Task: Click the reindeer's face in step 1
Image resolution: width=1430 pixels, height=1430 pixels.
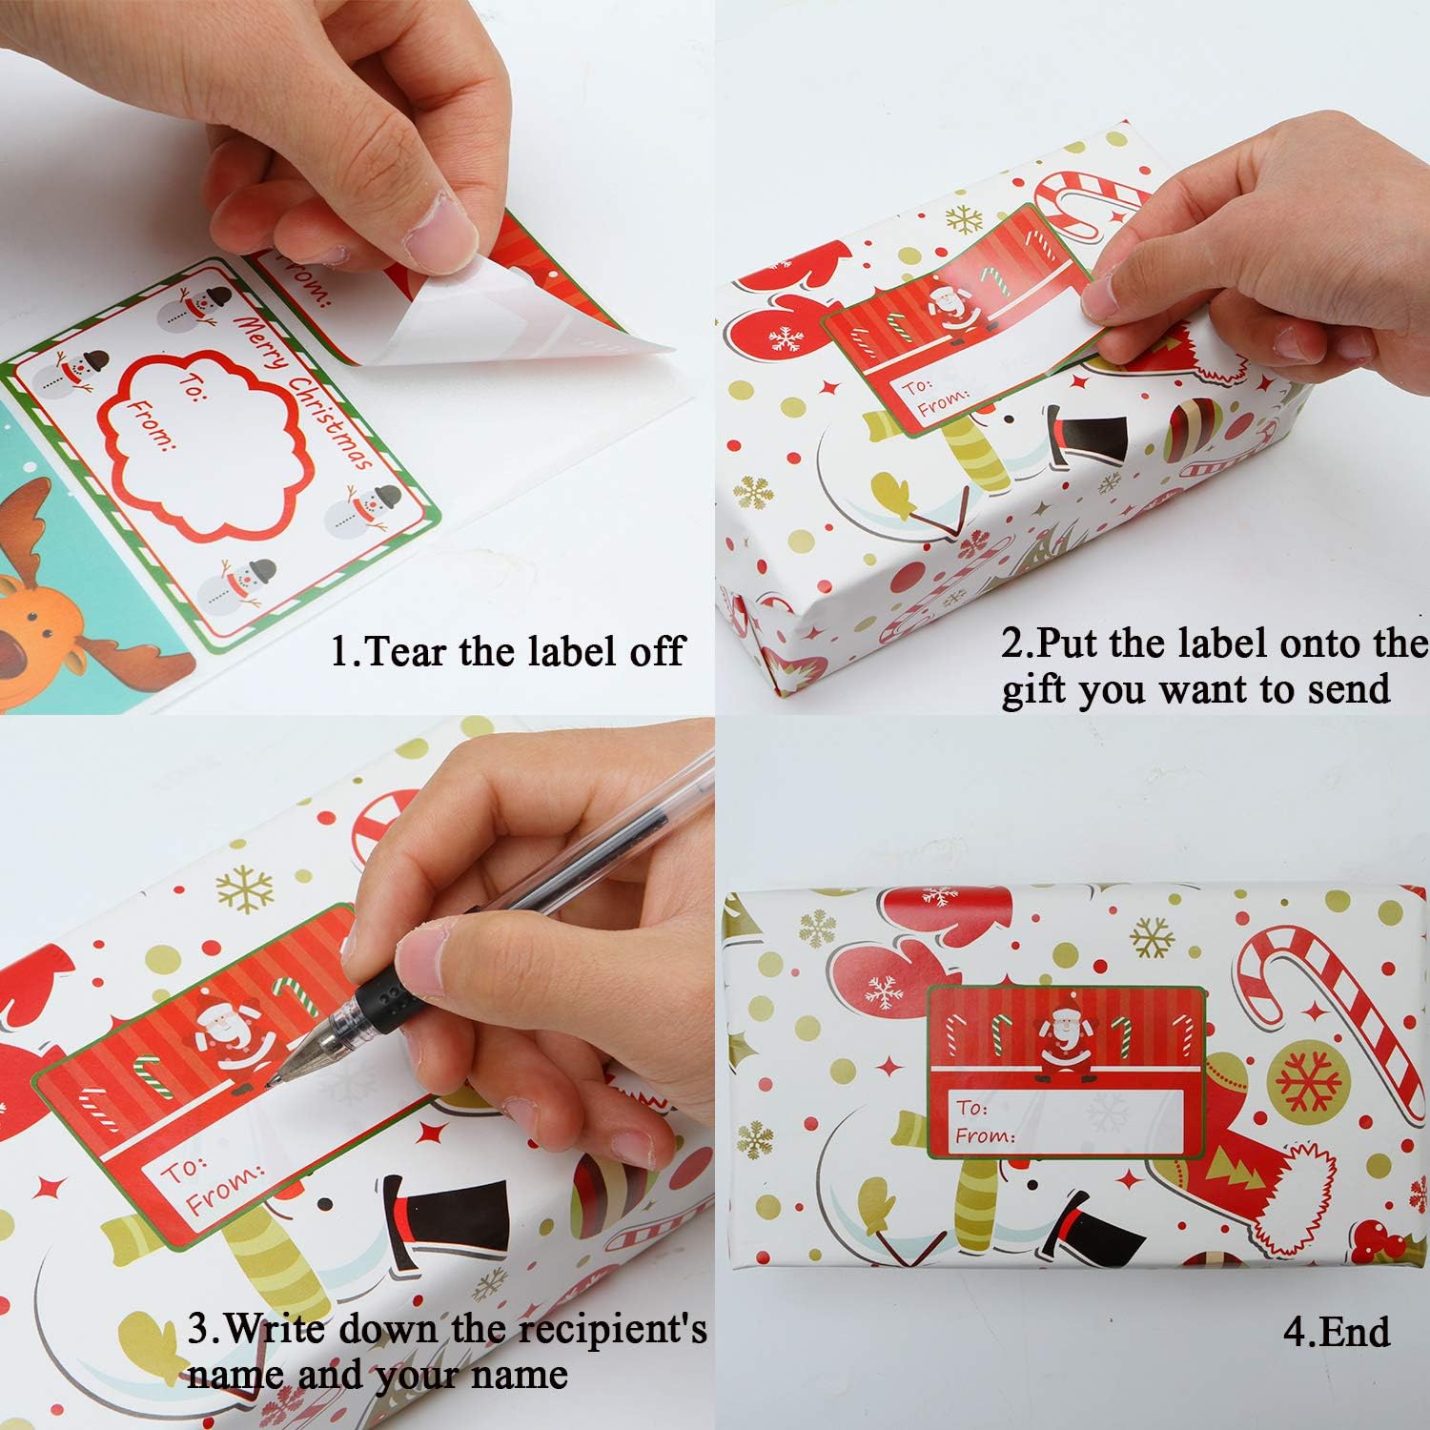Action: pyautogui.click(x=38, y=610)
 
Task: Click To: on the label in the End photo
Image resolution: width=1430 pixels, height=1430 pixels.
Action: pyautogui.click(x=972, y=1108)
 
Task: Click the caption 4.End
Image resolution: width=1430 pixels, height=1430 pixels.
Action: pyautogui.click(x=1336, y=1332)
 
